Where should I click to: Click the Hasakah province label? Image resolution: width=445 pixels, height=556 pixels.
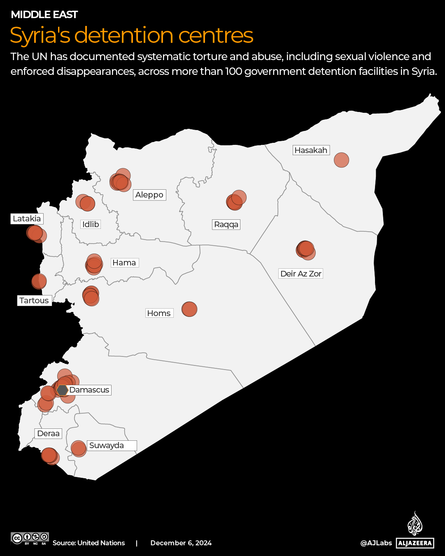click(311, 150)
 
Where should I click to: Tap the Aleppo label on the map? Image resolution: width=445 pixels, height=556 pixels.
click(149, 195)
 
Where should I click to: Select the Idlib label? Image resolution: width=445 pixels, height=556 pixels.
click(91, 224)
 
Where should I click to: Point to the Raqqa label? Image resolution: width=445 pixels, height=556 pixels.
click(226, 224)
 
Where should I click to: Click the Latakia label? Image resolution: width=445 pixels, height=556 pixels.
click(27, 219)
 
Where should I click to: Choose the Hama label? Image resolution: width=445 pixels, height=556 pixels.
click(124, 263)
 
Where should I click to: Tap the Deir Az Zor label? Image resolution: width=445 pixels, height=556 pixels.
click(301, 274)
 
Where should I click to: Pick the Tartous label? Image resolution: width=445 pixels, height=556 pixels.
click(34, 300)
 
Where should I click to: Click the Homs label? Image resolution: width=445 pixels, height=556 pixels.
click(158, 313)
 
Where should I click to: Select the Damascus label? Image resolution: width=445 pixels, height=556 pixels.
click(89, 390)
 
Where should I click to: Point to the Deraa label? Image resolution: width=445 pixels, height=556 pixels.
click(48, 433)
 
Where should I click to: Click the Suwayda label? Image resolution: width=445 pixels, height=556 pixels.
click(107, 445)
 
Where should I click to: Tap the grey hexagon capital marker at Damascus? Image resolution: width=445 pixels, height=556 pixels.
click(62, 390)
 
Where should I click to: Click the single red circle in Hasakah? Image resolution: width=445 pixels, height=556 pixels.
click(341, 160)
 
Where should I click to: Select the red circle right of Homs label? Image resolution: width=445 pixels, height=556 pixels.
click(189, 309)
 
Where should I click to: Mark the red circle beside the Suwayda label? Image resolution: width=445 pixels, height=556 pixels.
click(78, 448)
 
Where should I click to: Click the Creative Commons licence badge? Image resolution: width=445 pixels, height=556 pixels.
click(30, 538)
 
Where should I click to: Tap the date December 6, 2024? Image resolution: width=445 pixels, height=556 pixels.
click(181, 543)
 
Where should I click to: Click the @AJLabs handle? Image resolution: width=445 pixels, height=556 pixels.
click(376, 543)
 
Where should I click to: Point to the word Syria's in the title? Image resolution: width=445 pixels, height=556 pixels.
click(40, 35)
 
